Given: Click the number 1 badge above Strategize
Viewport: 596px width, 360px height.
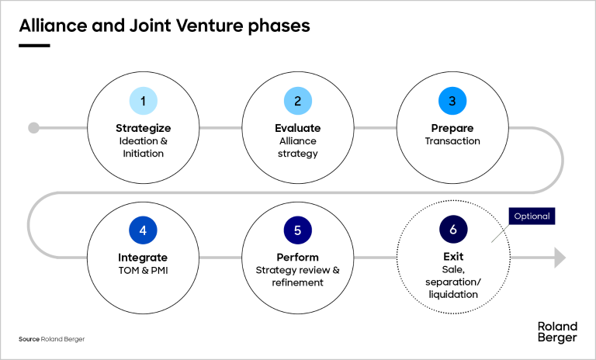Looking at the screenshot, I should pyautogui.click(x=144, y=100).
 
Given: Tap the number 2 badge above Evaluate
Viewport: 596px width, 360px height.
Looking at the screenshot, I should pyautogui.click(x=298, y=100).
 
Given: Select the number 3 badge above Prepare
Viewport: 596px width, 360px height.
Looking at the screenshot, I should pyautogui.click(x=452, y=100).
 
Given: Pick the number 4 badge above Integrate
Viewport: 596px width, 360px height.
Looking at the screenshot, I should pyautogui.click(x=144, y=230).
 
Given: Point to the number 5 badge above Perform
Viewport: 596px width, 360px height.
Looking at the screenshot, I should pyautogui.click(x=298, y=230).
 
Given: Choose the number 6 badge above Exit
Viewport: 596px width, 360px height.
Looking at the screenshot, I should pyautogui.click(x=452, y=230).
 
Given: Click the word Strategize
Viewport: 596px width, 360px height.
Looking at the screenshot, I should pyautogui.click(x=144, y=128).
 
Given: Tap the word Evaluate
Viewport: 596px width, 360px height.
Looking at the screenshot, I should pyautogui.click(x=298, y=128).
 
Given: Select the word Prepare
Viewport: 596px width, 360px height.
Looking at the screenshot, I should pyautogui.click(x=452, y=128).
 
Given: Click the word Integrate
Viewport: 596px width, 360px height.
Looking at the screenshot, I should pyautogui.click(x=144, y=258).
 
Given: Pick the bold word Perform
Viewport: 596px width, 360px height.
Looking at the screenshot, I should pyautogui.click(x=298, y=258).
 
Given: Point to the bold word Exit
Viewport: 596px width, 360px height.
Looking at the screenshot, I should pyautogui.click(x=452, y=258).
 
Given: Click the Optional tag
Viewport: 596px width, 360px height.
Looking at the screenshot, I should pyautogui.click(x=532, y=216).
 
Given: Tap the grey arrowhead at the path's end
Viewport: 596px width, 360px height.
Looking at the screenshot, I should pyautogui.click(x=560, y=258).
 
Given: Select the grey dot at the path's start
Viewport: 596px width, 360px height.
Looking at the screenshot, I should pyautogui.click(x=33, y=128).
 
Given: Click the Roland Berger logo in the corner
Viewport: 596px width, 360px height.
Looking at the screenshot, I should pyautogui.click(x=556, y=331).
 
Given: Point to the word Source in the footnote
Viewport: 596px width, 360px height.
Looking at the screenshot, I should pyautogui.click(x=29, y=340).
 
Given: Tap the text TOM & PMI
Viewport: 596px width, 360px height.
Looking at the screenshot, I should pyautogui.click(x=144, y=271).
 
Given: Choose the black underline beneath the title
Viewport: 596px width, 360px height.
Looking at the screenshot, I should pyautogui.click(x=34, y=45).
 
